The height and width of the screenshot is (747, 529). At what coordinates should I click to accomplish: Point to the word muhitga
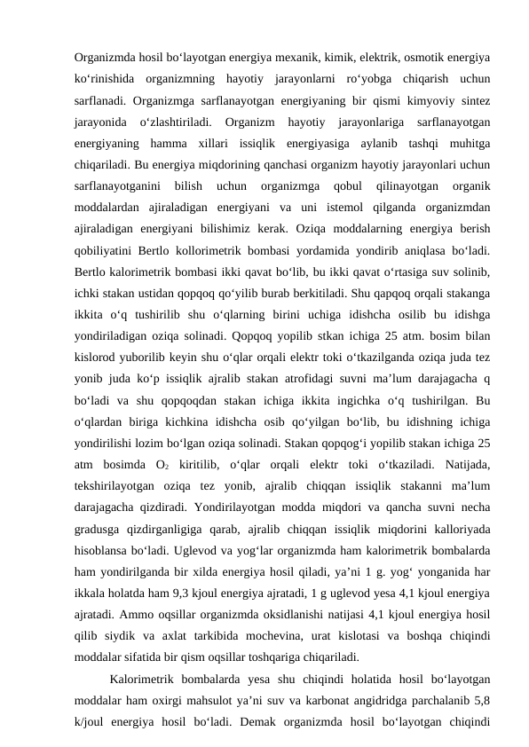click(469, 142)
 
